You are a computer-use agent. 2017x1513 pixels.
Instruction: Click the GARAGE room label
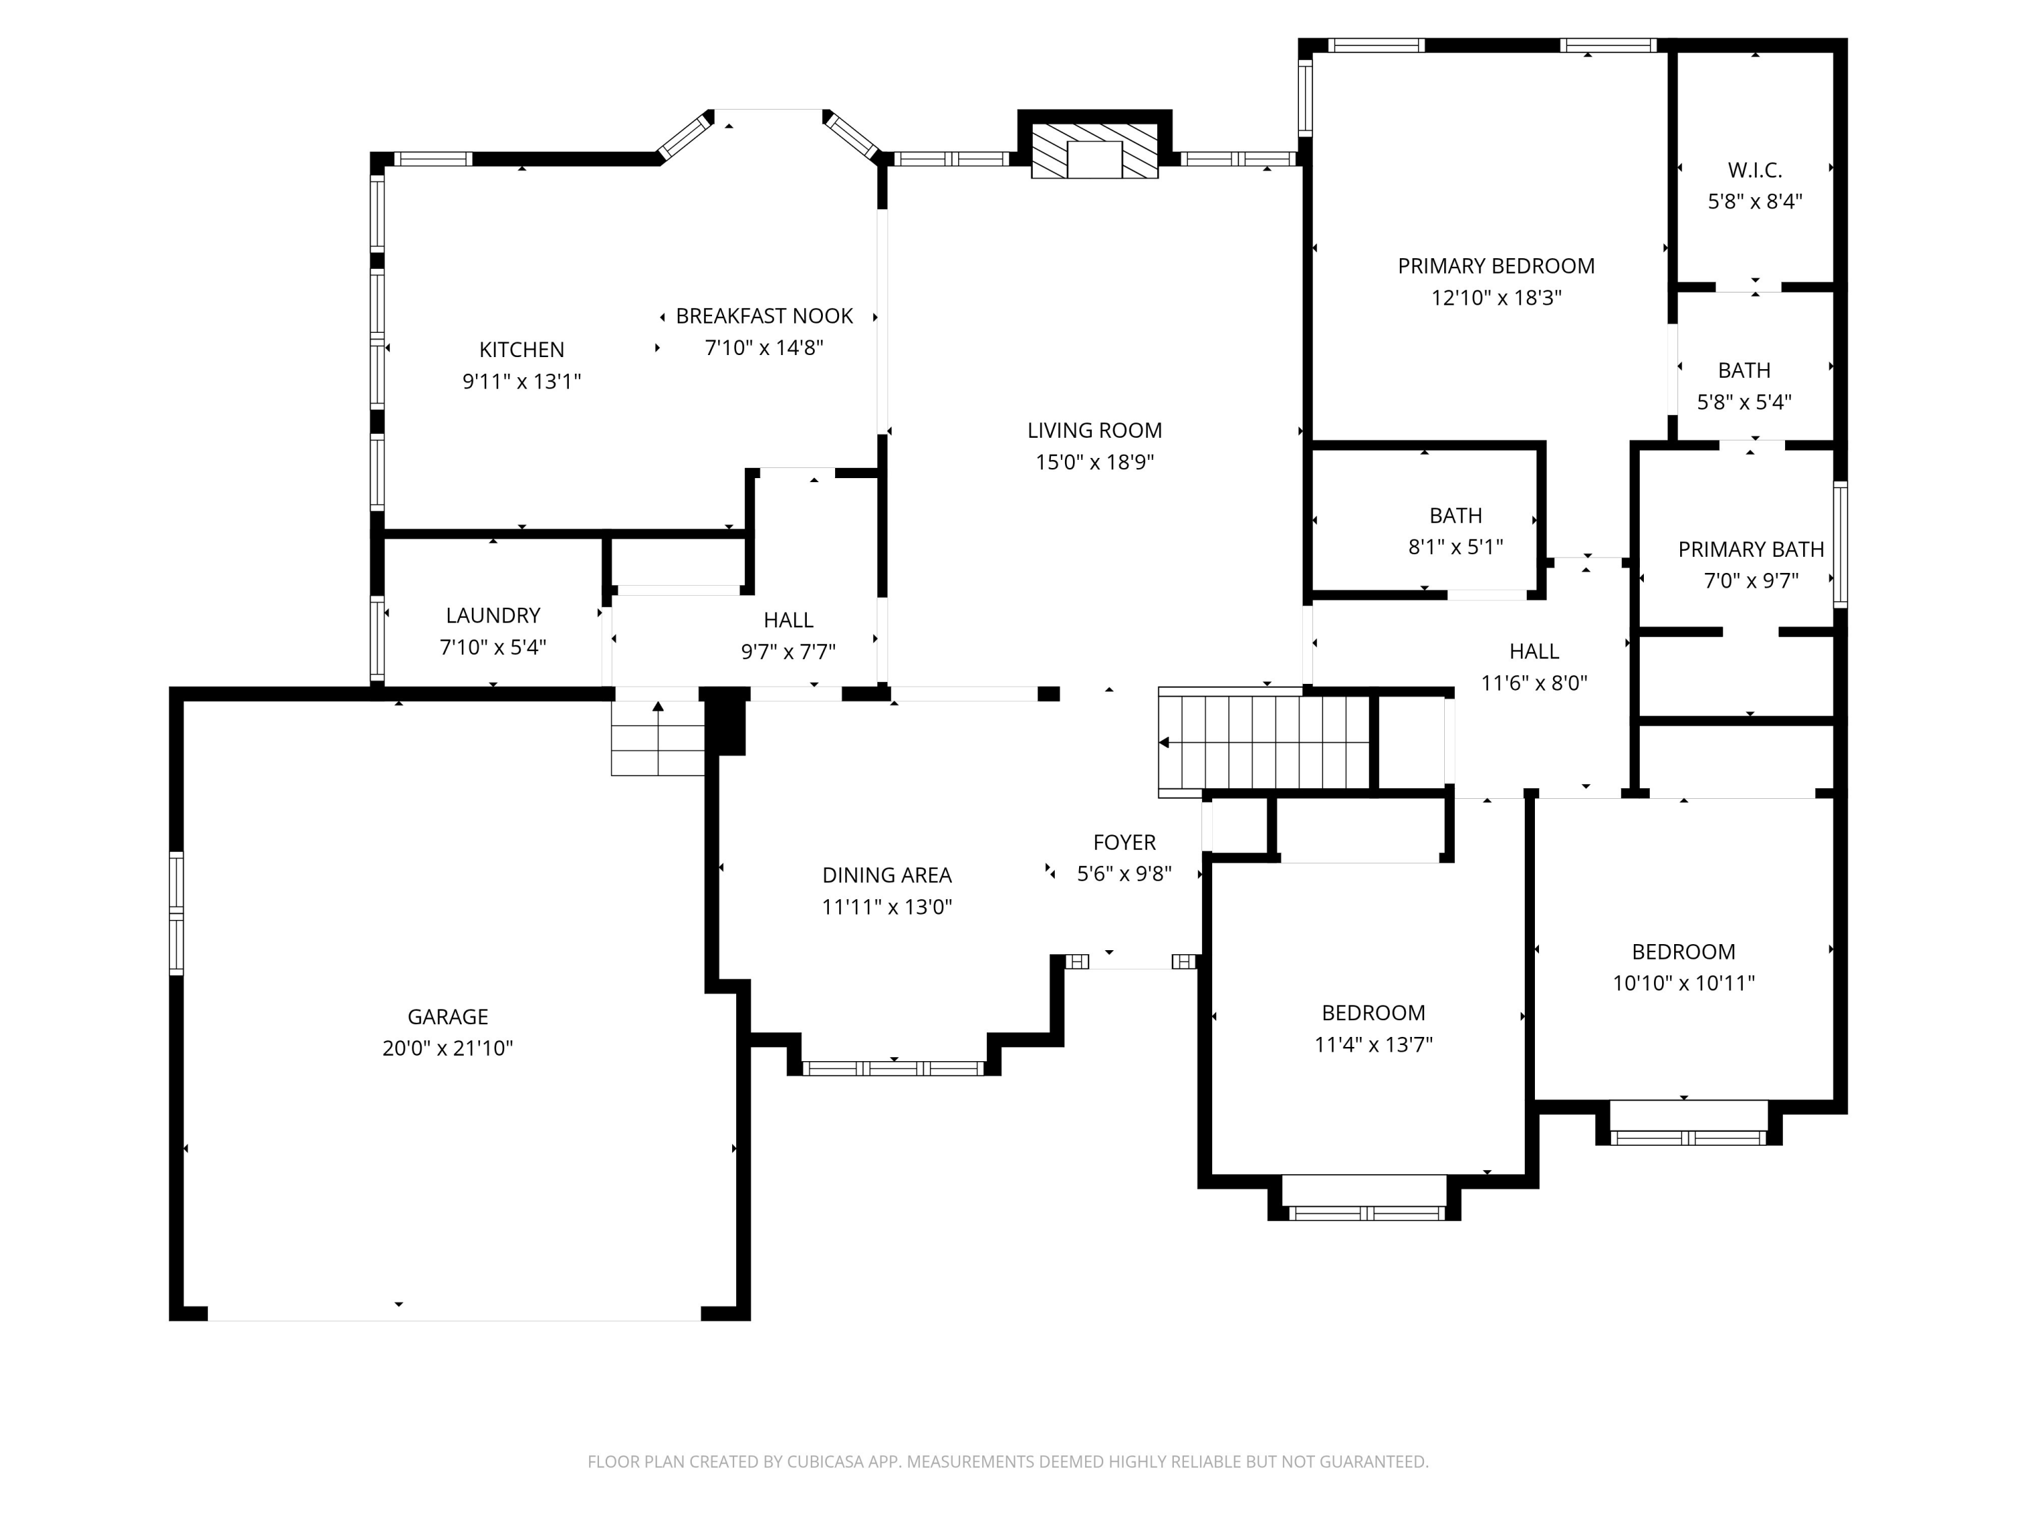pyautogui.click(x=448, y=1016)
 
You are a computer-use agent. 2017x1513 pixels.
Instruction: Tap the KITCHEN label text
pyautogui.click(x=522, y=349)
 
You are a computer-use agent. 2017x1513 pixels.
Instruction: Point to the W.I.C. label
pyautogui.click(x=1754, y=169)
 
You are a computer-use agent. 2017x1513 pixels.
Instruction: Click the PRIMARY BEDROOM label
pyautogui.click(x=1497, y=266)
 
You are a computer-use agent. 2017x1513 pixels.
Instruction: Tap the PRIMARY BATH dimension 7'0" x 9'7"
pyautogui.click(x=1751, y=580)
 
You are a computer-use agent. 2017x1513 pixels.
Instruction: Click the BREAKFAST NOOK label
pyautogui.click(x=764, y=317)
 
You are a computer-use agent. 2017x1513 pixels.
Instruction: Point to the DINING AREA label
pyautogui.click(x=886, y=876)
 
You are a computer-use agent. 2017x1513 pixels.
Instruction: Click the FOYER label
pyautogui.click(x=1124, y=843)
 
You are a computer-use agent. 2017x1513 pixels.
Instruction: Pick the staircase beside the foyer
pyautogui.click(x=1264, y=742)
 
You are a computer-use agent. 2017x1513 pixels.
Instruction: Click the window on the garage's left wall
pyautogui.click(x=177, y=913)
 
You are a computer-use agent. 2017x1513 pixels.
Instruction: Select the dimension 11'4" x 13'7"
pyautogui.click(x=1373, y=1044)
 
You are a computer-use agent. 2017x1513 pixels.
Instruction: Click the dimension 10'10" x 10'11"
pyautogui.click(x=1684, y=983)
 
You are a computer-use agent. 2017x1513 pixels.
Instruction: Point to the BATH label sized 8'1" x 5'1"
pyautogui.click(x=1456, y=516)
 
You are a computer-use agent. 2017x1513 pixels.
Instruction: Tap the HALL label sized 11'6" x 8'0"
pyautogui.click(x=1534, y=651)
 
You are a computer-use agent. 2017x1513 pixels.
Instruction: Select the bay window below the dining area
pyautogui.click(x=894, y=1068)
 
